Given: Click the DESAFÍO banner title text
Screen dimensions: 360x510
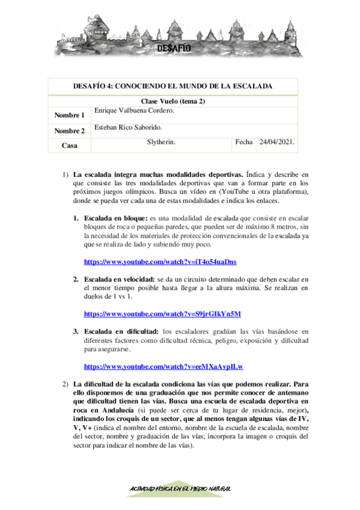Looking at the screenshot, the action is [174, 48].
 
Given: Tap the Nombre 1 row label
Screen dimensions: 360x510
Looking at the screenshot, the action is [69, 115].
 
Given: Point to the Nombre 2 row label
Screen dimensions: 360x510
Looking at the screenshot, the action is [69, 131].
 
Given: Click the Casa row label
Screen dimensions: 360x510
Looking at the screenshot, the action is [69, 146].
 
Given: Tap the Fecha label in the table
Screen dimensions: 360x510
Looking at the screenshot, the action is [244, 143].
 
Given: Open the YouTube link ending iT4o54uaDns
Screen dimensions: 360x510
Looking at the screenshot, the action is [160, 262].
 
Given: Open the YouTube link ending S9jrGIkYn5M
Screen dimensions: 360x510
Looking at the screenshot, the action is [162, 314].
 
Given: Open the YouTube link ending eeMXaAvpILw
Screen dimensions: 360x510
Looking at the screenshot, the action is [167, 366].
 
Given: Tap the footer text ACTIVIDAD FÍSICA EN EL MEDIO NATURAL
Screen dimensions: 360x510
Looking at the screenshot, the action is [180, 488].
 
